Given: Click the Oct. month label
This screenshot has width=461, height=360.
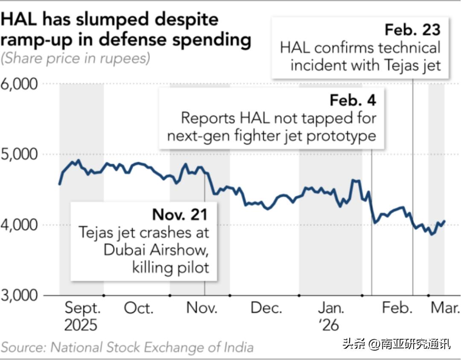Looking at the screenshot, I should click(139, 308).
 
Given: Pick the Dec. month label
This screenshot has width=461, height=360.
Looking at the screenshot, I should click(266, 308).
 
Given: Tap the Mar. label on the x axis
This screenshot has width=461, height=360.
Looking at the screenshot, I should click(445, 308).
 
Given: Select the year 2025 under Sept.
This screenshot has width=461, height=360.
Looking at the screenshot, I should click(81, 325).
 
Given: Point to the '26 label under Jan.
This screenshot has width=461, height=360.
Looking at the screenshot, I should click(329, 325).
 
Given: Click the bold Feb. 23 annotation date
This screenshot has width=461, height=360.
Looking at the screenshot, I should click(412, 30).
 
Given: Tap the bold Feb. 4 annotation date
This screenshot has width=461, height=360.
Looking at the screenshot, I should click(353, 100).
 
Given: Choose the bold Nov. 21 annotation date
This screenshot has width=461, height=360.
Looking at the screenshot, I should click(181, 214).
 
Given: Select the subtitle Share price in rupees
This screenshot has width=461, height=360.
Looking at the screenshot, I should click(76, 58).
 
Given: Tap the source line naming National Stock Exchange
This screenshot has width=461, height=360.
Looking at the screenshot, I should click(127, 347).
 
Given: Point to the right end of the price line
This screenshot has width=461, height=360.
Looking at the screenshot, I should click(444, 221).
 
